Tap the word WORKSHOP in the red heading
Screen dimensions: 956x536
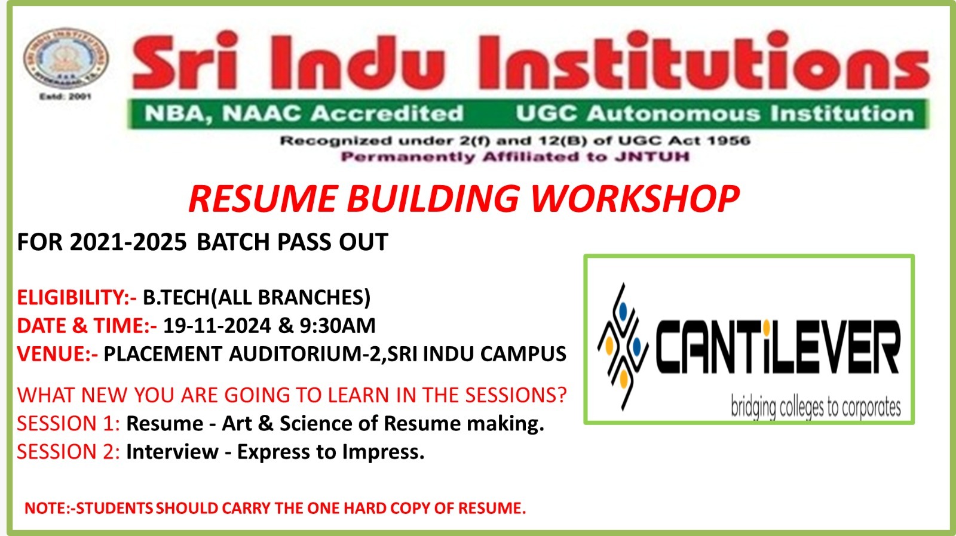pos(635,199)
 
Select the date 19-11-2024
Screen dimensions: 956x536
pos(217,326)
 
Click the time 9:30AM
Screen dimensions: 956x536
pos(338,326)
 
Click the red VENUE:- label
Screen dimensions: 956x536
pos(57,354)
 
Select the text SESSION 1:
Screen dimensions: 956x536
pos(68,423)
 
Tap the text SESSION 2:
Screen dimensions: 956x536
pos(68,452)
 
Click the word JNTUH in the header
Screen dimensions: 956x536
pos(652,157)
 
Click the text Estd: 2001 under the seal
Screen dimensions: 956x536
pos(65,97)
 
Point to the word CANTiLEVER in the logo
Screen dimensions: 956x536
pos(778,347)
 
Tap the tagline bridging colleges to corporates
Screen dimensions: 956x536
pos(816,407)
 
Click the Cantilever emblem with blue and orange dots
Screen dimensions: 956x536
pos(623,347)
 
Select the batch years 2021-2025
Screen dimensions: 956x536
pos(128,242)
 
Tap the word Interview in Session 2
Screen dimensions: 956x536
pos(173,452)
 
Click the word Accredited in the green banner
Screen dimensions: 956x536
pos(387,113)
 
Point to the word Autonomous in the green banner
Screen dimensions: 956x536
pos(673,113)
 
